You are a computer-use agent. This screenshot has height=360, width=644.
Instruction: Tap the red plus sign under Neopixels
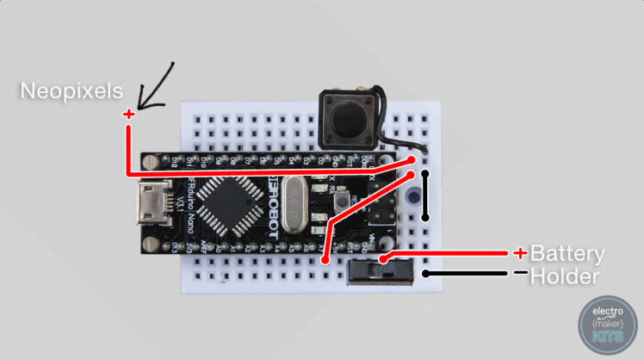(x=128, y=114)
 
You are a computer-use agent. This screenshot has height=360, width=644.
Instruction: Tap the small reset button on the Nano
(x=343, y=201)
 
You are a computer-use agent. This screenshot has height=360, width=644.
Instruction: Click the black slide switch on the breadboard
(x=379, y=270)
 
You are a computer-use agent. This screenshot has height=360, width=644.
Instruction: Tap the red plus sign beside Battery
(x=519, y=253)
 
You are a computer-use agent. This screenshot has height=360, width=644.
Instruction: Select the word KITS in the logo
(x=607, y=338)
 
